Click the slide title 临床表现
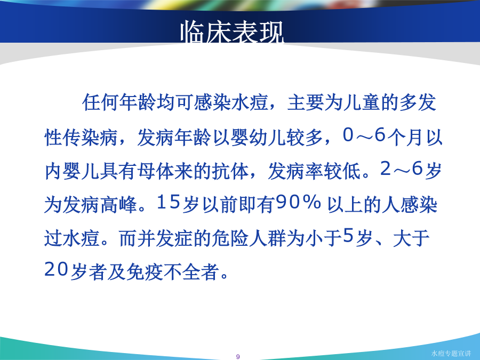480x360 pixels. pos(232,32)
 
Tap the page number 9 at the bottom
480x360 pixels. pos(238,356)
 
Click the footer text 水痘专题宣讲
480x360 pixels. pos(451,353)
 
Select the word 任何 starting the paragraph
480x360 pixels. pos(100,102)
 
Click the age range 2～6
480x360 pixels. pos(402,169)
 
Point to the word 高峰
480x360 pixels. pos(118,204)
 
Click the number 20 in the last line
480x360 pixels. pos(55,269)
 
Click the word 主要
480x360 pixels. pos(306,102)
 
